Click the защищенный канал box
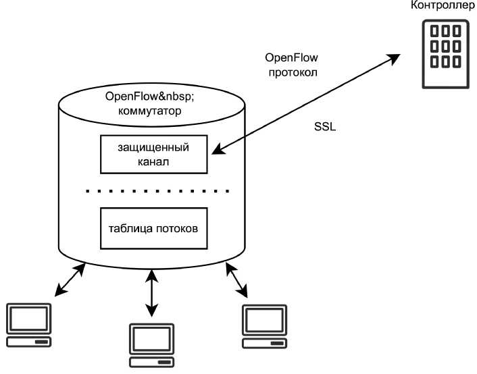[153, 153]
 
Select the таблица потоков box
[153, 228]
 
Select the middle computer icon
[153, 345]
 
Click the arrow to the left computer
[71, 280]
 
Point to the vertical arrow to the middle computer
[152, 294]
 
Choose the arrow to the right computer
[236, 280]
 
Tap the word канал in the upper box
[152, 162]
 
